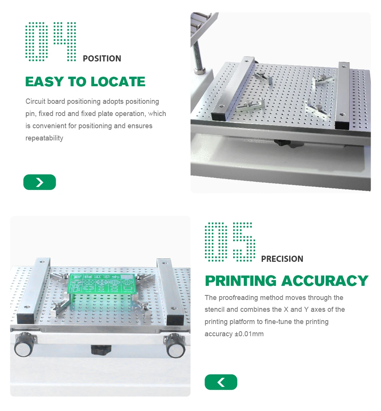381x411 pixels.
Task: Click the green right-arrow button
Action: coord(40,182)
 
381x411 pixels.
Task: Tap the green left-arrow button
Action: coord(221,382)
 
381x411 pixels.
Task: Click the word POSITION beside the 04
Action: coord(102,58)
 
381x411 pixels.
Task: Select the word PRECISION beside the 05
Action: coord(282,259)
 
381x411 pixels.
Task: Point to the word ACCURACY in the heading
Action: coord(325,281)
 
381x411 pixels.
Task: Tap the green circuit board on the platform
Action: coord(102,283)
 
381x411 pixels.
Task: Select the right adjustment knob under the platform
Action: coord(175,345)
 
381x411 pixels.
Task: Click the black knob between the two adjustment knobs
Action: coord(101,350)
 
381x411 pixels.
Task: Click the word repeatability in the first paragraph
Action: coord(44,138)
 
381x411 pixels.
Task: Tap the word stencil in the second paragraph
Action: coord(215,309)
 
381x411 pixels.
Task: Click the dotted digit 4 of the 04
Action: coord(65,42)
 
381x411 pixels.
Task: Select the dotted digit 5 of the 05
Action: coord(244,242)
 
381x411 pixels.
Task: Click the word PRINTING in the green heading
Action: coord(241,281)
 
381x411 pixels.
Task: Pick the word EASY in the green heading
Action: coord(45,82)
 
